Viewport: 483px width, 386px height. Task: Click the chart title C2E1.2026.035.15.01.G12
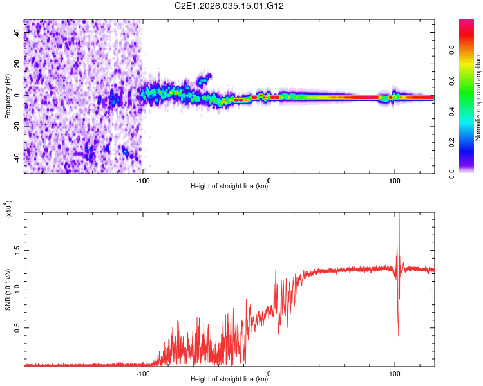[229, 6]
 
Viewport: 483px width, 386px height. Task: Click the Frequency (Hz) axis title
[8, 96]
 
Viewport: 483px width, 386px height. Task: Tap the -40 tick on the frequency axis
[16, 157]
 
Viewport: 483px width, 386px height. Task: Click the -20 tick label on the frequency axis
[16, 126]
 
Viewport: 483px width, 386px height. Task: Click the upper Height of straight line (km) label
[229, 187]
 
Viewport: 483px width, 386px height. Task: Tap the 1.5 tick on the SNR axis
[16, 250]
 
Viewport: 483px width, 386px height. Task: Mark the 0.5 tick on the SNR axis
[16, 327]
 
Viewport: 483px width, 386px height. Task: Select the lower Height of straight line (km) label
[229, 380]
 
